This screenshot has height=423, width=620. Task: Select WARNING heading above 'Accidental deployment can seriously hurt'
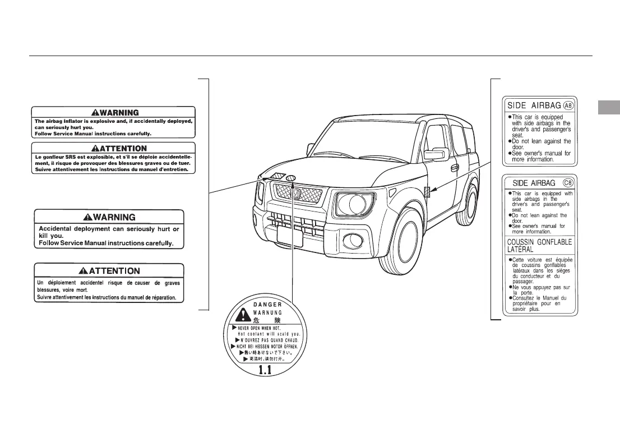coord(110,217)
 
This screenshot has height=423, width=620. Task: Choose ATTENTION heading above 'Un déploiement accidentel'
coord(110,271)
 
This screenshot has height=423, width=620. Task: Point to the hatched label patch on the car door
coord(427,191)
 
